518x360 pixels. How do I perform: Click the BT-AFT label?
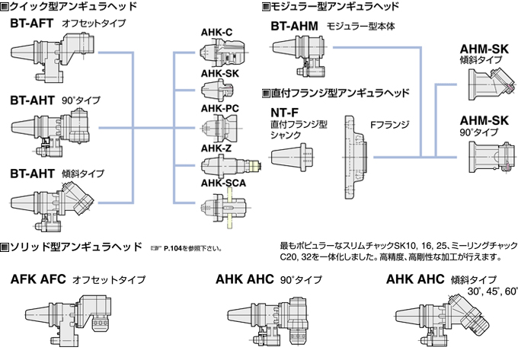pos(31,24)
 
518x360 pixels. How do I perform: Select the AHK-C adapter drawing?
pos(223,53)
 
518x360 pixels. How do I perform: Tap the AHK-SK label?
pos(219,74)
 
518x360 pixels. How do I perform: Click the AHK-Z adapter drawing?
pos(232,165)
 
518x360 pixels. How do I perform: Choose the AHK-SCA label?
pos(223,183)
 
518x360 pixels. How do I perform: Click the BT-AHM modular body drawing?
pos(299,56)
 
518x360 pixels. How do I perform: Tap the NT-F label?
pos(284,113)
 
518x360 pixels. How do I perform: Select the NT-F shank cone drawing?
pos(292,157)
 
